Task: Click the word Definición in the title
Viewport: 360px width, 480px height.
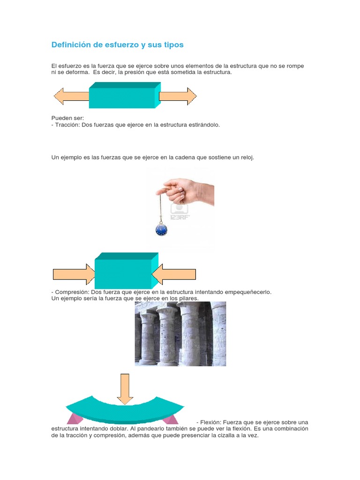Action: pyautogui.click(x=71, y=45)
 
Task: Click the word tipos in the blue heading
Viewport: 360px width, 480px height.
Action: pyautogui.click(x=174, y=45)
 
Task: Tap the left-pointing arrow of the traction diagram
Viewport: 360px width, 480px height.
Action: pyautogui.click(x=72, y=96)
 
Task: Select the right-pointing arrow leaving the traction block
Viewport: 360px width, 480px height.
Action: pyautogui.click(x=178, y=96)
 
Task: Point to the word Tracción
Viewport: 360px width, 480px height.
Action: pyautogui.click(x=67, y=125)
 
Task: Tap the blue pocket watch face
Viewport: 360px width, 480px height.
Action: pyautogui.click(x=161, y=230)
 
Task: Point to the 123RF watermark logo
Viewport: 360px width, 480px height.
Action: pyautogui.click(x=180, y=212)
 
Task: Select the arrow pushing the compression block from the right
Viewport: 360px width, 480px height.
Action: pyautogui.click(x=173, y=274)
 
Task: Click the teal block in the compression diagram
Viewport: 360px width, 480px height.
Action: pyautogui.click(x=127, y=270)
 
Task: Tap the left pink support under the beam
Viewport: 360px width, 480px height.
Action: pyautogui.click(x=75, y=419)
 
